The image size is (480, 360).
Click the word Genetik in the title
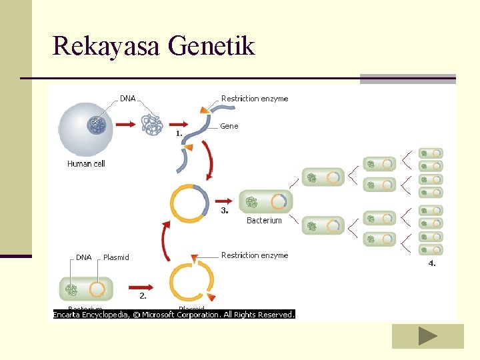(x=212, y=47)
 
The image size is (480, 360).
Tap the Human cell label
(x=86, y=164)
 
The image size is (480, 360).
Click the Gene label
(x=229, y=126)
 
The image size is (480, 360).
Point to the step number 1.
(x=179, y=133)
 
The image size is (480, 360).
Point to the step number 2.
(x=143, y=295)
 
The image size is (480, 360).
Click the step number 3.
(x=225, y=211)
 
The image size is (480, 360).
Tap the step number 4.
(x=432, y=263)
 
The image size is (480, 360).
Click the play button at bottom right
(x=427, y=337)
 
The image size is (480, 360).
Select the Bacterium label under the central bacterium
(x=264, y=221)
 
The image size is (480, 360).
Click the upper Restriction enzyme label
(x=255, y=99)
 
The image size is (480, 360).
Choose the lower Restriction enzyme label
(x=255, y=255)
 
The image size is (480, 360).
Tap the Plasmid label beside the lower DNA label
(x=116, y=257)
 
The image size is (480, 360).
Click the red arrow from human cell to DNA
(x=125, y=124)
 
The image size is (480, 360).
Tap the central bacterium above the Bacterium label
(x=265, y=201)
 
